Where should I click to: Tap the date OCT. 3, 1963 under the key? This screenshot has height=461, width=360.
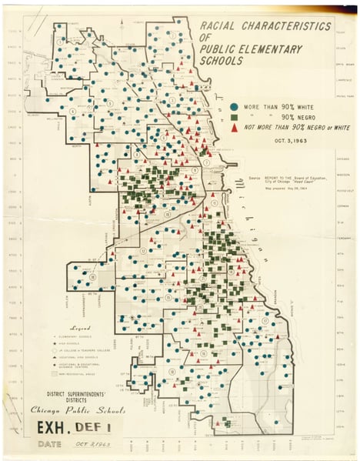pos(283,140)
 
